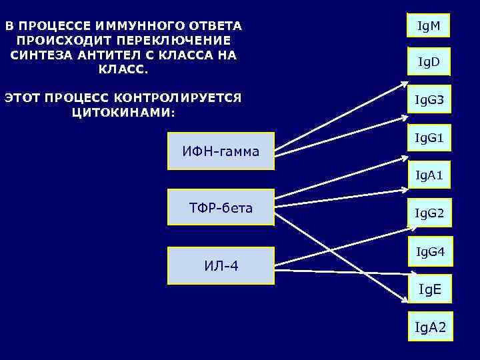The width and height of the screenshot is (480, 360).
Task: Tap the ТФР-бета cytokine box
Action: (x=221, y=208)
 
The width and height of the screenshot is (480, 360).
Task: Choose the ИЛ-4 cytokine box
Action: (x=221, y=266)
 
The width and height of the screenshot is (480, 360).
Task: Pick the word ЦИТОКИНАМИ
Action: (x=123, y=112)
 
